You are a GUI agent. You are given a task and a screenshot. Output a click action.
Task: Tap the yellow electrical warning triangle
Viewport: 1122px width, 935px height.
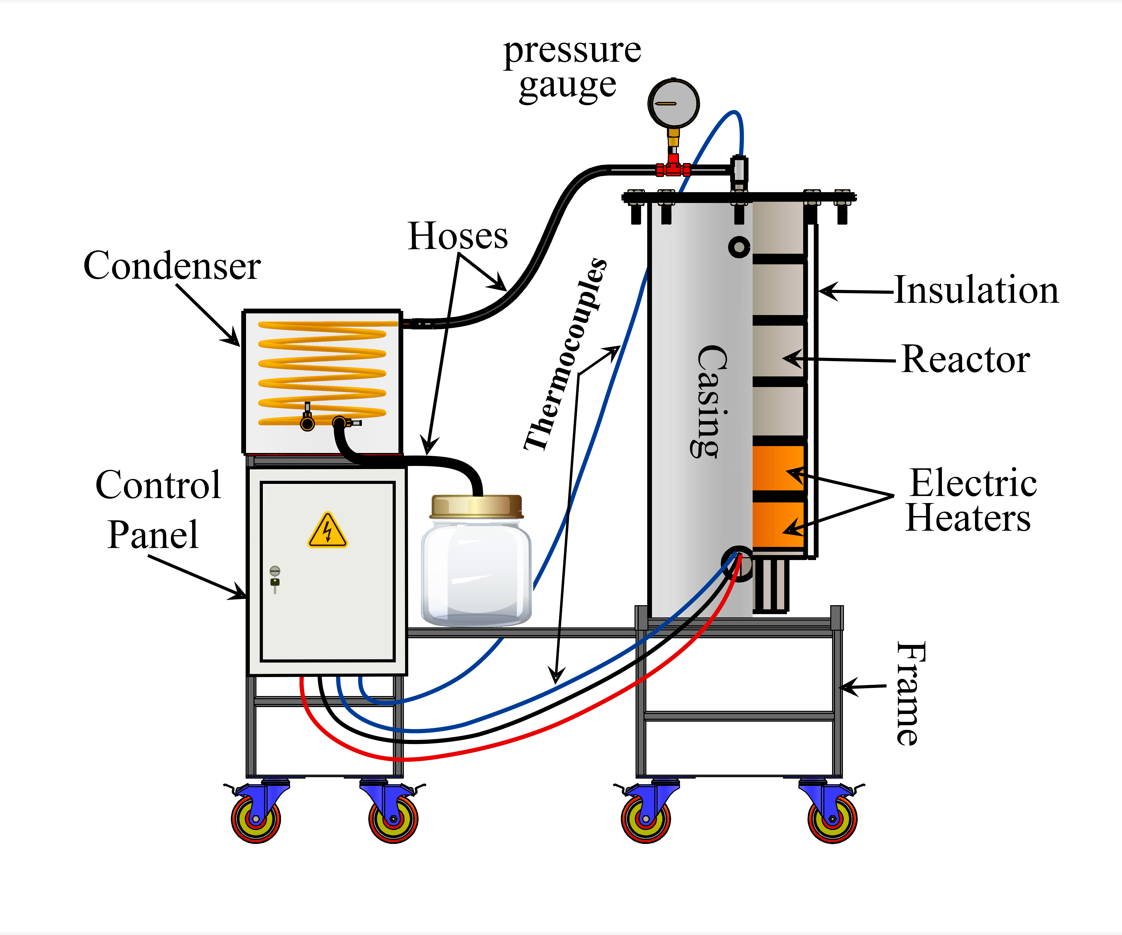(328, 531)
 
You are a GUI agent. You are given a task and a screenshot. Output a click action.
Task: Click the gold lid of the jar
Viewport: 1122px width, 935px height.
(477, 507)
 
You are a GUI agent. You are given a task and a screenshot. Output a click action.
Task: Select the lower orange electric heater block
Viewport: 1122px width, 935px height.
(778, 525)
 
